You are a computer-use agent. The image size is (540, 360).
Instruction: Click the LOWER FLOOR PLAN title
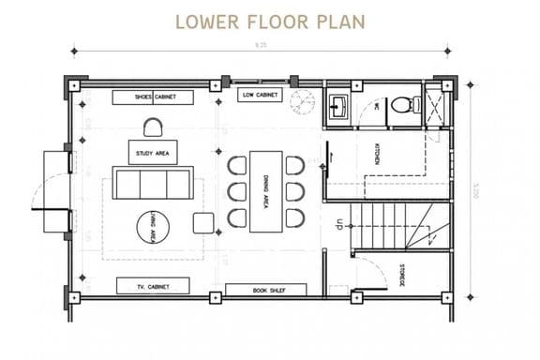[x=270, y=21]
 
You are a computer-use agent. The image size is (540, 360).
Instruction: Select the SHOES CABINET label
[x=152, y=97]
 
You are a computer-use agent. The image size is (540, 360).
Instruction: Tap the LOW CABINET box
[x=262, y=95]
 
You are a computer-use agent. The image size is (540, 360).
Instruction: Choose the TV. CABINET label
[x=152, y=285]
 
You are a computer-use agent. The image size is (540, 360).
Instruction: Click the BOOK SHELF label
[x=266, y=291]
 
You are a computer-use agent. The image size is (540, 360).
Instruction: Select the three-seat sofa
[x=152, y=184]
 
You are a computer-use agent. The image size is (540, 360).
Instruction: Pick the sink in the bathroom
[x=338, y=105]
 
